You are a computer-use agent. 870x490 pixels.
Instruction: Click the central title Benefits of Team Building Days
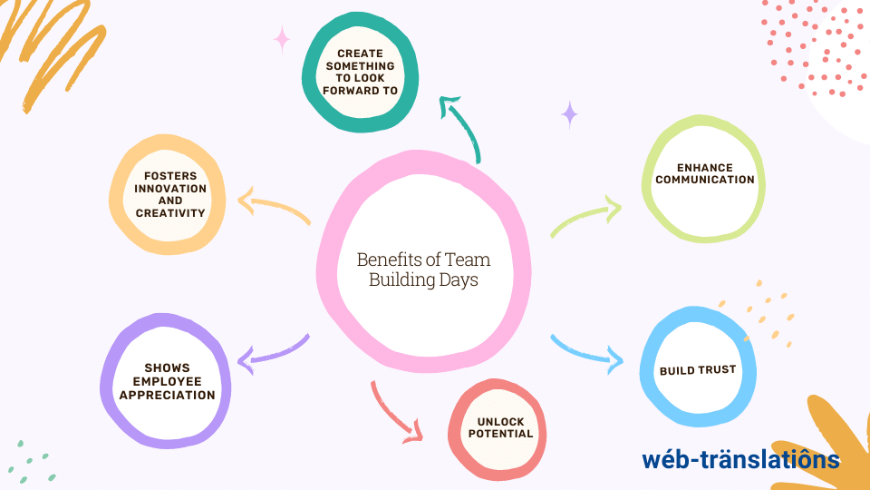422,269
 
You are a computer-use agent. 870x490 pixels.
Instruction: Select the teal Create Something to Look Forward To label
360,73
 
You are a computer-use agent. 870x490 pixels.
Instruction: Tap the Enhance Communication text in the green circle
704,173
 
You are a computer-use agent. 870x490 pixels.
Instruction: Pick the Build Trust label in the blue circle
697,370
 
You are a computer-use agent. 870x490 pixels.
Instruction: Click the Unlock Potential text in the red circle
500,427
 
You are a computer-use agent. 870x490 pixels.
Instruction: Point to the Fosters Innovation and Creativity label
170,194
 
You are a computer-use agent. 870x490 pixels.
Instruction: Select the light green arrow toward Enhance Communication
585,218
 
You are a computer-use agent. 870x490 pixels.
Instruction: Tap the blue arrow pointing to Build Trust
587,352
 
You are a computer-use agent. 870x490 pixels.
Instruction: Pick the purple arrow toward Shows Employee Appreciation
272,353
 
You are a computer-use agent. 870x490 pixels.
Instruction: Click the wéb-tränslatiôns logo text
740,459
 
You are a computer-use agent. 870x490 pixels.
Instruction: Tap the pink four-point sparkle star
282,39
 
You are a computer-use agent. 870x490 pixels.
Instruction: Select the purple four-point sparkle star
569,114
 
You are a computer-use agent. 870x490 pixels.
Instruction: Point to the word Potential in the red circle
500,434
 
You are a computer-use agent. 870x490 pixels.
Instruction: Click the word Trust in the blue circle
716,370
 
